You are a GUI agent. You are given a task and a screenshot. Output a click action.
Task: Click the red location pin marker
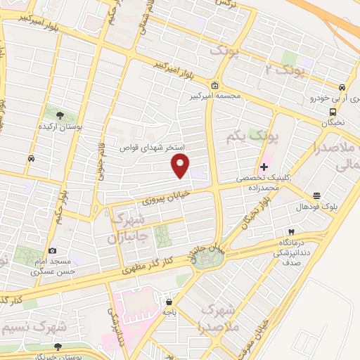181,166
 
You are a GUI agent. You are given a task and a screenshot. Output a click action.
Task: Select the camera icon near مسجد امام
52,250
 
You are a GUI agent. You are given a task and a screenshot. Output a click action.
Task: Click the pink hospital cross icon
264,167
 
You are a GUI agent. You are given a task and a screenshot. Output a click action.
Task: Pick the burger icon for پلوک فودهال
317,195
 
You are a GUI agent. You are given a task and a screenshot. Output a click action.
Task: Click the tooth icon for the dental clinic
290,232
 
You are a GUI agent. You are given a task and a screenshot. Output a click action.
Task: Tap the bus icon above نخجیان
333,110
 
